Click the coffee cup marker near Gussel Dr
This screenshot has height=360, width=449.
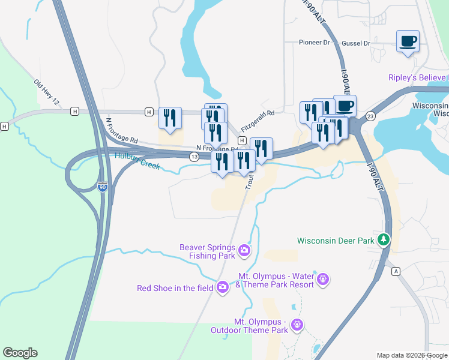408,41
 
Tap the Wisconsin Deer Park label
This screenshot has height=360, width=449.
336,241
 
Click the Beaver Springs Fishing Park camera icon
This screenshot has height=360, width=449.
244,250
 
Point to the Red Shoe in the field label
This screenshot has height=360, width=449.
175,288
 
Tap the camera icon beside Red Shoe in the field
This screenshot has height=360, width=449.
223,287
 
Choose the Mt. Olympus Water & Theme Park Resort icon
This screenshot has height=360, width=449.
324,280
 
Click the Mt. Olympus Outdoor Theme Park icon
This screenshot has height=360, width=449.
297,325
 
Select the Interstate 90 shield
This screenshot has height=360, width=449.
103,187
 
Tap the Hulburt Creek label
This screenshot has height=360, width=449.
137,161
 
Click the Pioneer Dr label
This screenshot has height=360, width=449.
315,43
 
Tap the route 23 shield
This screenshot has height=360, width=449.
370,115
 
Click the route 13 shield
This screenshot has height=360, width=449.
194,157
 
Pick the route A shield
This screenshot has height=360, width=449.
395,271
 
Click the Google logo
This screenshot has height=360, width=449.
20,353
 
